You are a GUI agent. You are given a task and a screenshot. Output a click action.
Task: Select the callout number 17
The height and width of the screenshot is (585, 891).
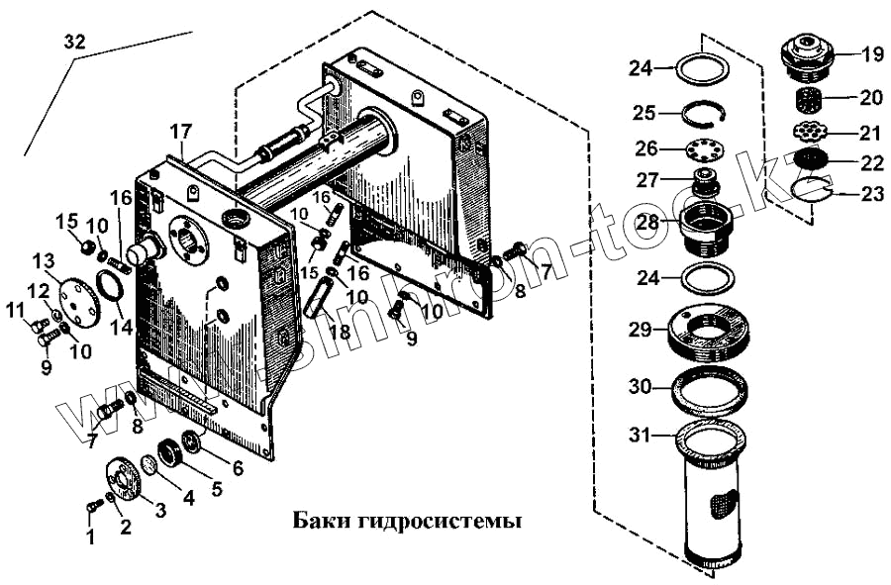179,131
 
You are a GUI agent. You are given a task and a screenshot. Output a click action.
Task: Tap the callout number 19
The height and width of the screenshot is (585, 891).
871,55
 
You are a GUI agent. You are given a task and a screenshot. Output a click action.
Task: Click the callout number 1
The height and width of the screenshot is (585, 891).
90,537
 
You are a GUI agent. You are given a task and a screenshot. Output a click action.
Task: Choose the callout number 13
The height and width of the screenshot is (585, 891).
43,260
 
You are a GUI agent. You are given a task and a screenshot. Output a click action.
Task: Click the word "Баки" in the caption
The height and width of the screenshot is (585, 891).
318,520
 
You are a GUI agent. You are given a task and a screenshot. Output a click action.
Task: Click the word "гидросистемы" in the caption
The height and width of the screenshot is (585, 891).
435,521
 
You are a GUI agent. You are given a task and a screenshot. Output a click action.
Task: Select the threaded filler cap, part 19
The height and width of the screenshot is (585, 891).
807,54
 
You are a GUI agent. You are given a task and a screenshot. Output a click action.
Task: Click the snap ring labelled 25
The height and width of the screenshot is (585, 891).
705,112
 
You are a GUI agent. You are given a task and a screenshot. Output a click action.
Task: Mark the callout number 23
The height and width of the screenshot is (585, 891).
871,194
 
